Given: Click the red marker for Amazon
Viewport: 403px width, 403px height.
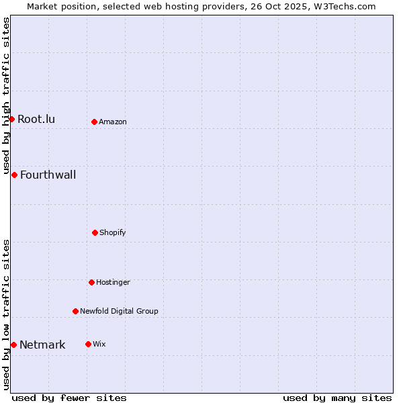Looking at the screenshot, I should click(x=95, y=122).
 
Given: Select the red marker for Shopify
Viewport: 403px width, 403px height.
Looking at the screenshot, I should click(x=95, y=232).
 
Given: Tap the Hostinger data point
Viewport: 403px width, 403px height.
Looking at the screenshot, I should click(x=91, y=282).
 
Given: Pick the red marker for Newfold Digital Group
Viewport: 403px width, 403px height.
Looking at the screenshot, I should click(x=75, y=311).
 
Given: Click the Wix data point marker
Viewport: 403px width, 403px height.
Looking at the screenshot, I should click(x=88, y=344).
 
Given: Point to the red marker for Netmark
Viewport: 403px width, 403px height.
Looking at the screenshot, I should click(x=13, y=345).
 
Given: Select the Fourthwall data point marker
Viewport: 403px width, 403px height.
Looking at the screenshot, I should click(x=14, y=175).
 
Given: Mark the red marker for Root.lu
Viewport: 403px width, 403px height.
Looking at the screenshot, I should click(x=11, y=119).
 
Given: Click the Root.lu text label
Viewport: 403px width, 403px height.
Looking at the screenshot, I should click(x=36, y=120).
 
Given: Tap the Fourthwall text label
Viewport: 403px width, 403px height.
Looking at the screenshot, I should click(x=48, y=175).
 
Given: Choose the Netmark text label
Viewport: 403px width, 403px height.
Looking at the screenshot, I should click(x=42, y=345).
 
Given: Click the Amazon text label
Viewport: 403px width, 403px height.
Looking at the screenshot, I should click(x=113, y=122).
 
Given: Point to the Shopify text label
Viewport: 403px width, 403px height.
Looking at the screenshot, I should click(x=113, y=233).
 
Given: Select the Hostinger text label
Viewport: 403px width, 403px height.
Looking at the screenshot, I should click(x=113, y=283).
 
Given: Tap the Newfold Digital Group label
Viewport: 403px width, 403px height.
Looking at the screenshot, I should click(x=119, y=312).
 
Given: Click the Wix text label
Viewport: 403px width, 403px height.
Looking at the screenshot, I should click(x=99, y=345).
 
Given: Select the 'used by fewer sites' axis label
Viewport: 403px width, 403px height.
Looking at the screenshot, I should click(x=69, y=398).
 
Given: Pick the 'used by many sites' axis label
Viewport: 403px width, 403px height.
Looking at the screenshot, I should click(x=337, y=398).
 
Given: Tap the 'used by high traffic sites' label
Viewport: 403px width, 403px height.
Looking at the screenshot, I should click(x=7, y=96).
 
